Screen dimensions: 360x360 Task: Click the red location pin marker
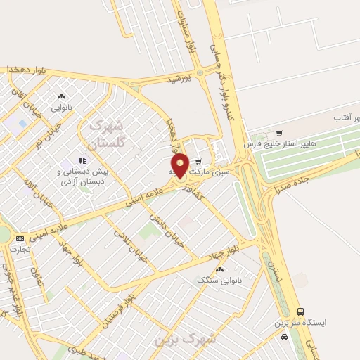[180, 165]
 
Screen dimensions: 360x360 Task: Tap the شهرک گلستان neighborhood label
[107, 134]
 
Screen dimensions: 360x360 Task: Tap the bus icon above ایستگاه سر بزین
[301, 311]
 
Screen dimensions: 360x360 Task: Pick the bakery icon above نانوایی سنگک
[220, 269]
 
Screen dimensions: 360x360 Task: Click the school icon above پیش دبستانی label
[82, 160]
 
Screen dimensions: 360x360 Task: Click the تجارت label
[22, 249]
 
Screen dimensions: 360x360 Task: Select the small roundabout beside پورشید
[200, 72]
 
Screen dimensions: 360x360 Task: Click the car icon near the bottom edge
[284, 337]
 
